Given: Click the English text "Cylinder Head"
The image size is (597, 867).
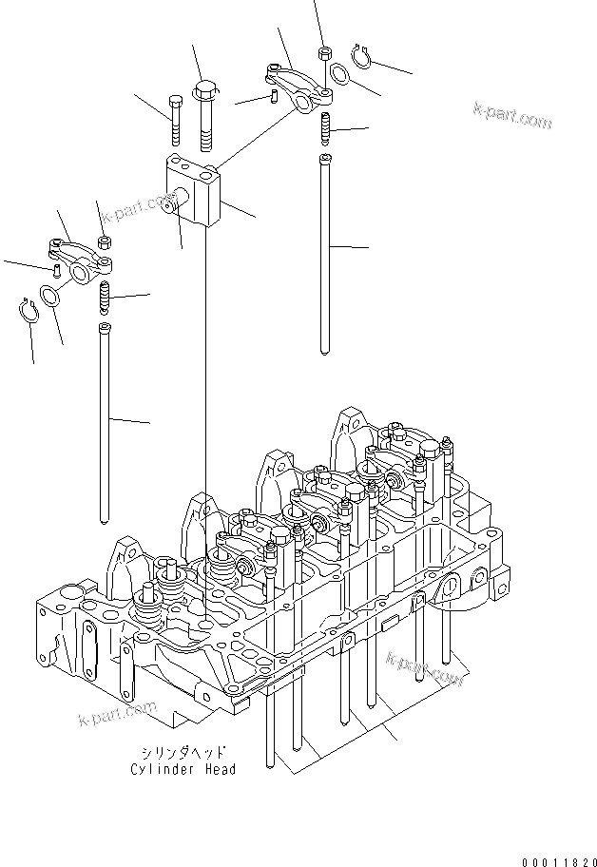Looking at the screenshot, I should tap(183, 768).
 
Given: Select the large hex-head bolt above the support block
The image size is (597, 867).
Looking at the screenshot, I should tap(207, 118).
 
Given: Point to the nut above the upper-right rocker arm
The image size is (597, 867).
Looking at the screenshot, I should tap(325, 53).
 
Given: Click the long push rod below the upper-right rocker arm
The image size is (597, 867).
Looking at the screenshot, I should tap(325, 252).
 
